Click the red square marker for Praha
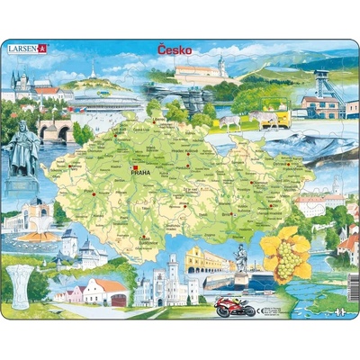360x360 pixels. point(132,168)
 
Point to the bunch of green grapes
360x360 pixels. point(286,261)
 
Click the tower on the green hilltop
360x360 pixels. point(92,69)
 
